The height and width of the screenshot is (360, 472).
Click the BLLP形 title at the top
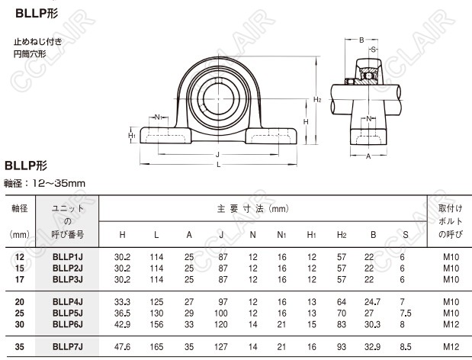tap(29, 12)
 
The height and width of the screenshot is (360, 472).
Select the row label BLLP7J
tap(67, 348)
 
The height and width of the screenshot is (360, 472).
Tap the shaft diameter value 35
tap(20, 348)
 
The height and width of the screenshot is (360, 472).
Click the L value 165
tap(156, 348)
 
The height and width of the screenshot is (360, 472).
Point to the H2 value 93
tap(342, 348)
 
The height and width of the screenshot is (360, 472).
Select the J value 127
tap(221, 348)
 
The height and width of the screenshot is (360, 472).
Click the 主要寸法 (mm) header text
tap(252, 208)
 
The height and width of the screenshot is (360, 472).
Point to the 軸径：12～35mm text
tap(45, 183)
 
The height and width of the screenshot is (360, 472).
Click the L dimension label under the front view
tap(219, 165)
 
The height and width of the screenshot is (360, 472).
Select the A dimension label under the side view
tap(368, 156)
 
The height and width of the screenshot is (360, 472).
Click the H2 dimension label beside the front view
tap(318, 99)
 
